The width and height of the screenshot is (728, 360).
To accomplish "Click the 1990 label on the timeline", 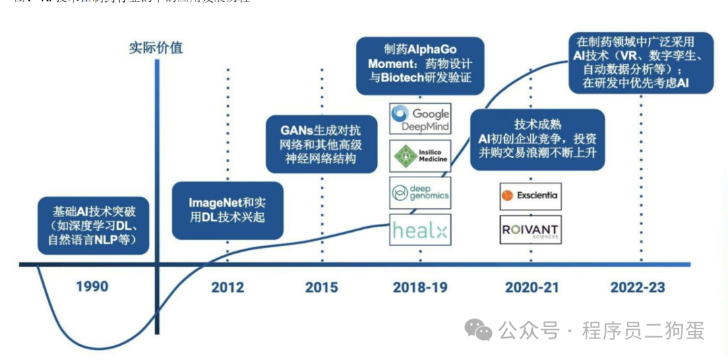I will click(x=92, y=287).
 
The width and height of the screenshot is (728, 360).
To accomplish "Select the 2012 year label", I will click(x=227, y=287).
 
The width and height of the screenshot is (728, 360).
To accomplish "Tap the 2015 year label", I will click(x=322, y=287).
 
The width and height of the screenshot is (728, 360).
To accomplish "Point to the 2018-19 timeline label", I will click(x=420, y=287).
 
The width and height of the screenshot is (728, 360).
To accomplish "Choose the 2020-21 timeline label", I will click(x=532, y=287).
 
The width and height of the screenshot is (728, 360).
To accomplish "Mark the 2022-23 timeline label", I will click(x=638, y=287).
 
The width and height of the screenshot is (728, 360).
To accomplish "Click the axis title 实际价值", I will click(x=156, y=48).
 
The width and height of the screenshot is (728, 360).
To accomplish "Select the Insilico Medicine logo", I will click(x=420, y=156).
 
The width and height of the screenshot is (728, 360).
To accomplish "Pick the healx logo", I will click(x=420, y=231).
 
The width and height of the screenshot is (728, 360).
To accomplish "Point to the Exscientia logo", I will click(x=530, y=196).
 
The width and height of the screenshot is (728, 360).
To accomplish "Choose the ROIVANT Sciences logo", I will click(x=530, y=230).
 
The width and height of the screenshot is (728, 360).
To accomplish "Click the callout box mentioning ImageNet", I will click(x=227, y=210).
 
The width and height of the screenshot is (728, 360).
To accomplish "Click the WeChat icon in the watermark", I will click(x=479, y=330).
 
